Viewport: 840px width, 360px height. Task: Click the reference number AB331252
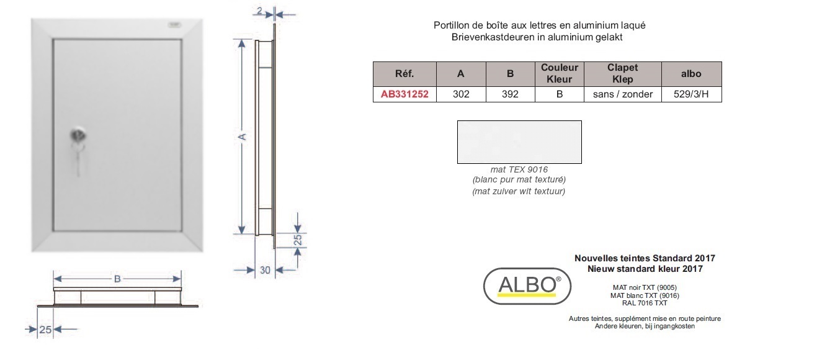point(404,94)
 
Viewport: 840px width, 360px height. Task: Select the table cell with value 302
point(461,94)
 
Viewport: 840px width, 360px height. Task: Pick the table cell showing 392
point(510,94)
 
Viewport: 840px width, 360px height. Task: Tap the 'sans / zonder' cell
point(622,94)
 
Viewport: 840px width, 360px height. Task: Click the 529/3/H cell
point(691,94)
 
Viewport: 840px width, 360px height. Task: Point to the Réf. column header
point(404,74)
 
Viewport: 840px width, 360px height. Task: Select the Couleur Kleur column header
point(559,73)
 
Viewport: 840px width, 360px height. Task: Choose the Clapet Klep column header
point(622,73)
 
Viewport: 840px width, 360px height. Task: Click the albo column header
point(691,74)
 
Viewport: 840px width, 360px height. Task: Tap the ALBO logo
point(527,286)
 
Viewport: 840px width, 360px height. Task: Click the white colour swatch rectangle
point(519,142)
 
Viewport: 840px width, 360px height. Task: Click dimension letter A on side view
point(242,137)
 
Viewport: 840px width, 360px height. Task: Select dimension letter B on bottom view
point(117,279)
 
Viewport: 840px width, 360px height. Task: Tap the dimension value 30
point(265,270)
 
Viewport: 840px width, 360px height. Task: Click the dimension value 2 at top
point(259,11)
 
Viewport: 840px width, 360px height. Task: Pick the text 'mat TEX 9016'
point(519,169)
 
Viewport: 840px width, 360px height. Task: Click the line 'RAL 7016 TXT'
point(645,303)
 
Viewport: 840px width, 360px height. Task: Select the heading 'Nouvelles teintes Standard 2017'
point(645,258)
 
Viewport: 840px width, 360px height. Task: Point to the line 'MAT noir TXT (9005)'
point(645,287)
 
